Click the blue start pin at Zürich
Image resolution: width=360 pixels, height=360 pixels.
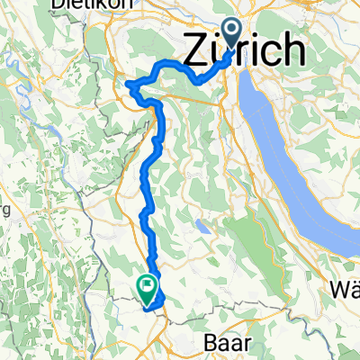(x=232, y=34)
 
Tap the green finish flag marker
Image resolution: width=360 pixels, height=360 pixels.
(x=146, y=286)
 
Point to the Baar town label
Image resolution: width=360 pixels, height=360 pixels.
(x=219, y=343)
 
